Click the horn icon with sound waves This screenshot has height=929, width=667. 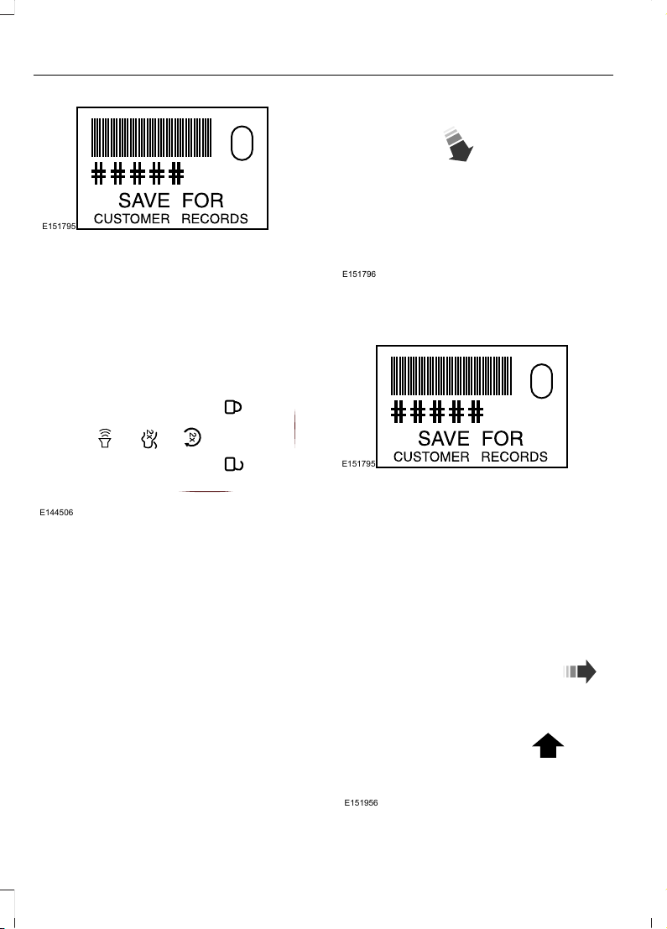105,438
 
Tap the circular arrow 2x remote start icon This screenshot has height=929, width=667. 192,437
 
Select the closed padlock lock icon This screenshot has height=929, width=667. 232,407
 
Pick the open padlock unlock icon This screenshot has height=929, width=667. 233,464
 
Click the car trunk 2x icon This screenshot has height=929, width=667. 149,438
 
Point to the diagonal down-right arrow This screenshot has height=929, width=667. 458,144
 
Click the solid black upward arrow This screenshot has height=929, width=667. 548,746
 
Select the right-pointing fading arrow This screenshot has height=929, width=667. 580,671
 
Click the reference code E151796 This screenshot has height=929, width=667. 359,274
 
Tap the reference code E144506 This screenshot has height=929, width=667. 56,513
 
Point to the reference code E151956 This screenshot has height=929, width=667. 362,803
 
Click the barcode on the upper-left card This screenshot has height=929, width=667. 152,138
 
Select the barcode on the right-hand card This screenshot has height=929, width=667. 451,376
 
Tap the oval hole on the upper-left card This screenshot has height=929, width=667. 242,143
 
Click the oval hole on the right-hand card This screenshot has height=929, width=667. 542,381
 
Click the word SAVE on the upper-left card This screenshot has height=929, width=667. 144,201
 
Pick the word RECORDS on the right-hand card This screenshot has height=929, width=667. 514,457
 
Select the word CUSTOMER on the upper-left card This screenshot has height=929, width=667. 132,219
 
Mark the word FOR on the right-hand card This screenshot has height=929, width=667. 503,438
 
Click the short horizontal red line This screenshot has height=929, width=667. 205,491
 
